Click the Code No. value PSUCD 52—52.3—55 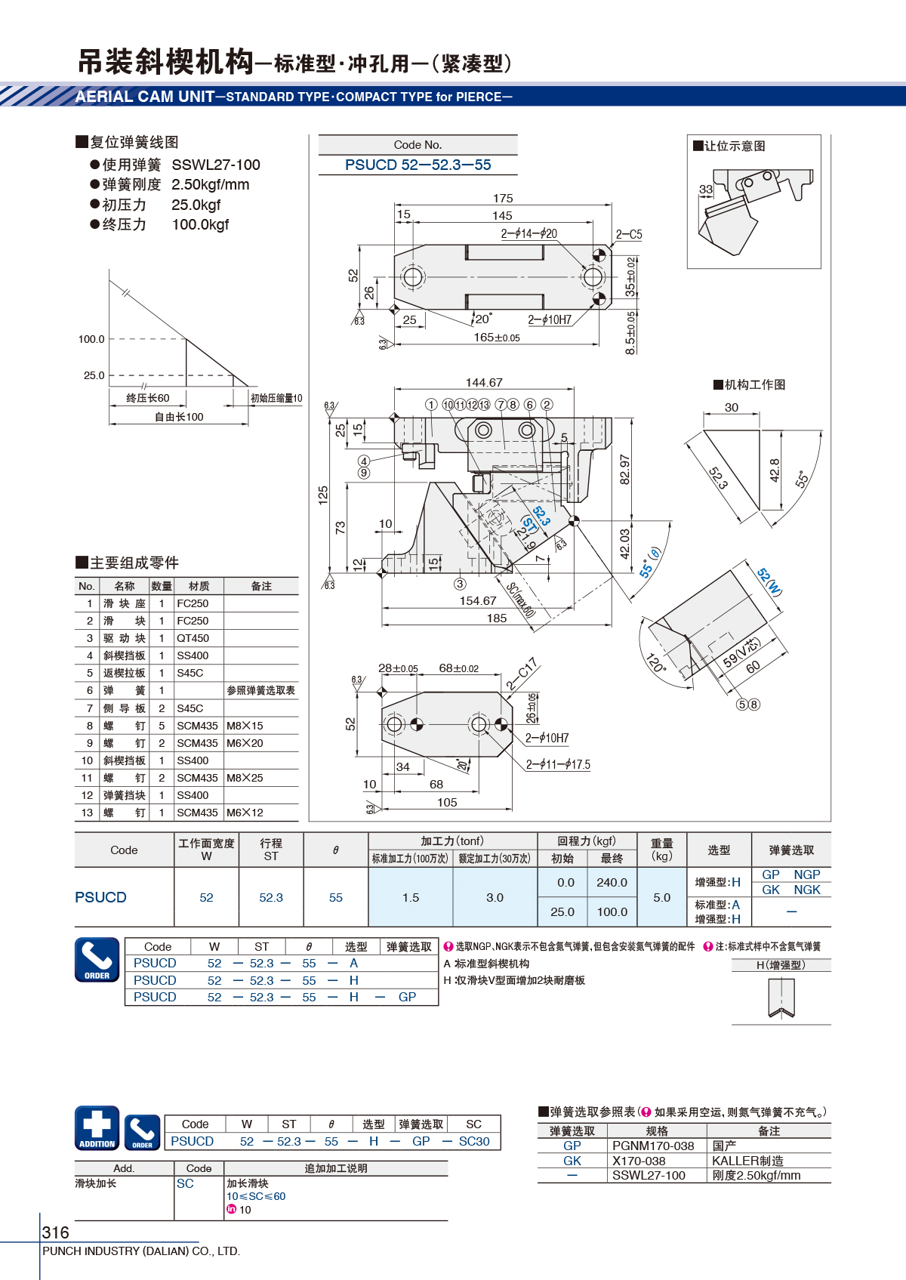(x=418, y=165)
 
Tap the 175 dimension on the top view (x=503, y=199)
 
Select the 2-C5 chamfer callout (x=629, y=234)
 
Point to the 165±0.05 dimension (x=497, y=338)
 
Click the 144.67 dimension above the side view (x=484, y=382)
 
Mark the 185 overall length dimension (x=497, y=618)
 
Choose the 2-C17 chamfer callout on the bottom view (x=522, y=674)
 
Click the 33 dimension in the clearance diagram (x=706, y=189)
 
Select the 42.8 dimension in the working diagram (x=775, y=470)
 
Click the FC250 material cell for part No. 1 (x=193, y=603)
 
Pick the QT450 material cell (x=193, y=638)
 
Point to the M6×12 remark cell (x=245, y=813)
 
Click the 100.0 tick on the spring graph (x=91, y=339)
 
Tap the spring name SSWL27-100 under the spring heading (x=216, y=165)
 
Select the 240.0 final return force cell (x=612, y=882)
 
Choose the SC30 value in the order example (x=474, y=1141)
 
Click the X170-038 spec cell (x=639, y=1161)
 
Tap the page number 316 (x=55, y=1232)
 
